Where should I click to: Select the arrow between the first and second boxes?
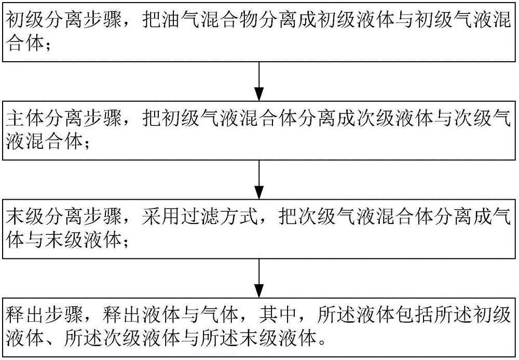[259, 81]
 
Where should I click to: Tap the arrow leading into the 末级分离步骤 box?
[259, 179]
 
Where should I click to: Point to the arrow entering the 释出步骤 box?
[259, 278]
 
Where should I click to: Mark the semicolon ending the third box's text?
[126, 243]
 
